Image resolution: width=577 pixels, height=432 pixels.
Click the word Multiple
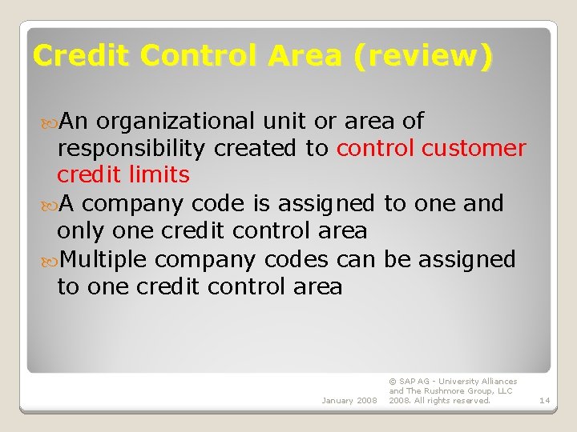pos(103,259)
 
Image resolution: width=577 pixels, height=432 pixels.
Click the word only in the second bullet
pos(78,231)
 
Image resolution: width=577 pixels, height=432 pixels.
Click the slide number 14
pos(544,400)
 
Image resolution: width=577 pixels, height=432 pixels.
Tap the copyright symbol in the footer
pos(392,382)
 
